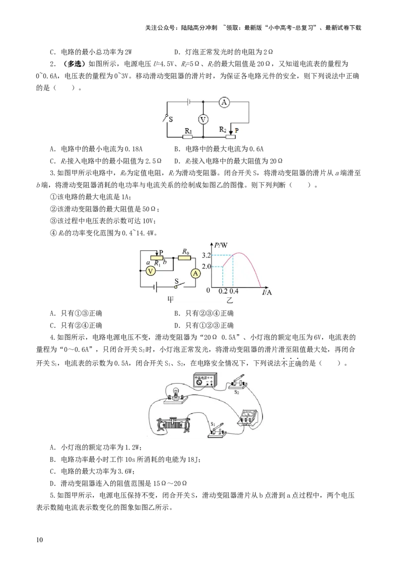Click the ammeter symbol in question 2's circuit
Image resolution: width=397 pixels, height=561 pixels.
tap(224, 102)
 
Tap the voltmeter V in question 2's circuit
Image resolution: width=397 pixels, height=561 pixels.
tap(203, 119)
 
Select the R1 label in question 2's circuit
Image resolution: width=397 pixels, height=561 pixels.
tap(188, 131)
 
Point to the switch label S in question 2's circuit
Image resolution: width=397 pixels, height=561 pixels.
tap(171, 119)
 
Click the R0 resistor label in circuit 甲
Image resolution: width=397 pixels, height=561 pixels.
tap(185, 252)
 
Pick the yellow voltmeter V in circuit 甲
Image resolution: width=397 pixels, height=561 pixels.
tap(151, 271)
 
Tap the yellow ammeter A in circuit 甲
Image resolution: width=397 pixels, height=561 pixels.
tap(196, 274)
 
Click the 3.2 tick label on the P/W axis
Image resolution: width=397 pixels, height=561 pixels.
tap(206, 255)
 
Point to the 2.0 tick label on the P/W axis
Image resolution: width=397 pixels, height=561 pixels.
tap(206, 267)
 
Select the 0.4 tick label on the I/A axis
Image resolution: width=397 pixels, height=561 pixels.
tap(234, 291)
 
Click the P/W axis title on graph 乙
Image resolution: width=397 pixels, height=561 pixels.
tap(221, 245)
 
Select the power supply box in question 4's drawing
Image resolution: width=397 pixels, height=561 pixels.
tap(204, 380)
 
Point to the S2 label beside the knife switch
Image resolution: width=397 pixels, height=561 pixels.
tap(237, 392)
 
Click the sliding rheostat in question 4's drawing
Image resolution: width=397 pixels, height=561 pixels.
tap(173, 425)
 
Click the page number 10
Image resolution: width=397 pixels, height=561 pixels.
tap(39, 540)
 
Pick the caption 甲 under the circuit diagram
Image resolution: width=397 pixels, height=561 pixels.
tap(171, 299)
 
